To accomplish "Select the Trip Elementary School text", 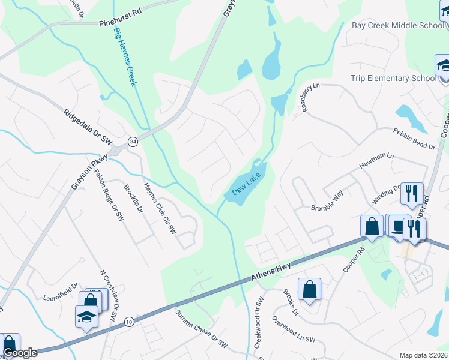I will (x=394, y=79).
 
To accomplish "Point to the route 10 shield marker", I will (x=129, y=322).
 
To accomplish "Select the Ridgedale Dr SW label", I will (x=88, y=125).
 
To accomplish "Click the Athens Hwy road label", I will (x=271, y=272).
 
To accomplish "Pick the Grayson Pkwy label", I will (x=89, y=173).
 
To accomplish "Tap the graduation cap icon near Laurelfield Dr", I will (x=86, y=316).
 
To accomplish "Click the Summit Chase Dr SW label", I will (x=202, y=329).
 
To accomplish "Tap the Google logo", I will (x=20, y=353).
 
